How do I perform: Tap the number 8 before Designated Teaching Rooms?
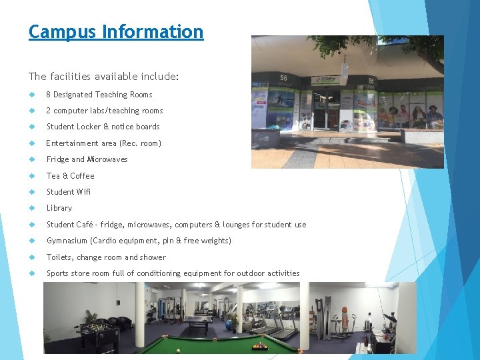[49, 95]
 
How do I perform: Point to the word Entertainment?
[72, 143]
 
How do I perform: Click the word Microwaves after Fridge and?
[107, 159]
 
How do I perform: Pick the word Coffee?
[83, 176]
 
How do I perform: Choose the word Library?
[59, 208]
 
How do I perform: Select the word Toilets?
[59, 257]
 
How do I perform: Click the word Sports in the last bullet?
[58, 273]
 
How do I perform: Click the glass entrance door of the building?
[326, 109]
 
